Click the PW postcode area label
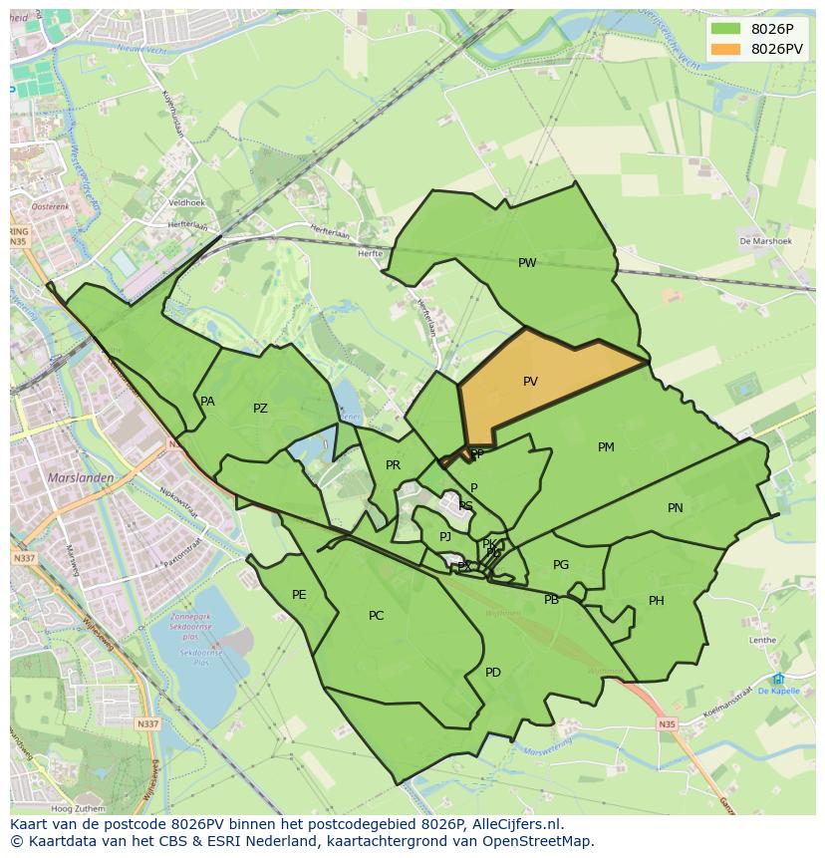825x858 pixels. coord(527,263)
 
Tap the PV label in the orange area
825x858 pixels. coord(530,381)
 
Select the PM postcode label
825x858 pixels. coord(606,447)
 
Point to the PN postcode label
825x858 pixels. coord(676,508)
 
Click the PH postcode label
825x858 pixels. coord(657,601)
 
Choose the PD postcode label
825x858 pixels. coord(493,673)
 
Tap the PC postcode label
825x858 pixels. coord(376,616)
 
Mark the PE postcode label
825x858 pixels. coord(299,595)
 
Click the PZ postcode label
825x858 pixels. coord(260,409)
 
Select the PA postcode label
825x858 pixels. coord(207,402)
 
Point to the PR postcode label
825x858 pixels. coord(393,465)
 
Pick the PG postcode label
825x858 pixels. coord(561,565)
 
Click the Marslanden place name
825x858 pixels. coord(80,477)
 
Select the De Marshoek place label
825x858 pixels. coord(765,241)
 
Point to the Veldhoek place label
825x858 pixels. coord(186,202)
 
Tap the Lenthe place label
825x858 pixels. coord(762,640)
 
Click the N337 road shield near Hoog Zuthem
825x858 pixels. coord(146,724)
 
